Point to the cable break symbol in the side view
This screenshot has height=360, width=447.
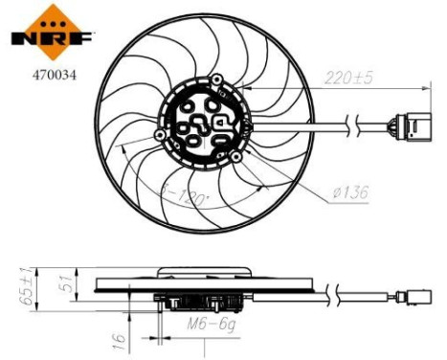(x=336, y=295)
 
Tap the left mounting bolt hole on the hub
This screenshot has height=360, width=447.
(x=158, y=136)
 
